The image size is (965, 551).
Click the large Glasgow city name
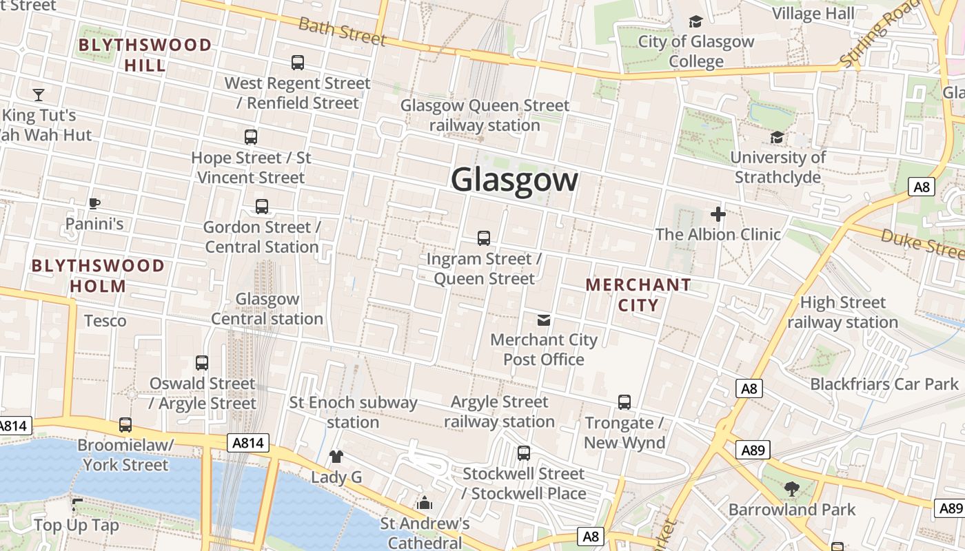(x=514, y=180)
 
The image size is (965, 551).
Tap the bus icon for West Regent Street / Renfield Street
(x=298, y=63)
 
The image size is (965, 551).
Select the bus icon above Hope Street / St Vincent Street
(x=251, y=137)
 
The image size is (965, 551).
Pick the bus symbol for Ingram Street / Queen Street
(x=484, y=238)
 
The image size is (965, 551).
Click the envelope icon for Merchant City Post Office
(x=544, y=320)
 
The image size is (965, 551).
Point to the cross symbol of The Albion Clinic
(x=718, y=214)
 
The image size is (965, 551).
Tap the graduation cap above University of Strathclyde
(x=778, y=138)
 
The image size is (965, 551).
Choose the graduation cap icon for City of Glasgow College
(x=695, y=21)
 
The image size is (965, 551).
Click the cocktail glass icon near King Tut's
(x=39, y=94)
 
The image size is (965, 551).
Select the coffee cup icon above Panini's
(x=94, y=203)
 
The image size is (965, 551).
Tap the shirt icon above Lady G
(x=336, y=456)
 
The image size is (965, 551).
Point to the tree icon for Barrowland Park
(x=791, y=489)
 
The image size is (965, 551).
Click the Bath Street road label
(x=342, y=31)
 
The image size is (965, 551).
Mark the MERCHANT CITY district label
(x=638, y=294)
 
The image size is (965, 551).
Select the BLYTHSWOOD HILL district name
(x=145, y=55)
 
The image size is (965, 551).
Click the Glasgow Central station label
(x=267, y=309)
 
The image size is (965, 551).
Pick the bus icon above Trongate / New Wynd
(x=624, y=402)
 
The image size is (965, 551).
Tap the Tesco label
(x=105, y=320)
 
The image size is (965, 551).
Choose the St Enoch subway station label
(x=353, y=412)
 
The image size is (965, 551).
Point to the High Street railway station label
(x=842, y=312)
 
